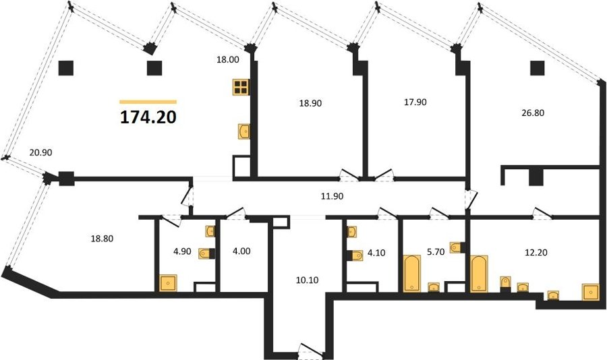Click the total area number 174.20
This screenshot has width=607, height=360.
coord(148,117)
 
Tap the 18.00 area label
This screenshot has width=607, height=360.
coord(228,59)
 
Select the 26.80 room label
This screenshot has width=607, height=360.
coord(533,113)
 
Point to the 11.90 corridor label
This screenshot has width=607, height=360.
coord(332,196)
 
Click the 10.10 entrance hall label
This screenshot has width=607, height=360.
coord(308,280)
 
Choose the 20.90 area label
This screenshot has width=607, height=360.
coord(40,152)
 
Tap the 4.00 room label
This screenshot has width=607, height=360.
coord(242,251)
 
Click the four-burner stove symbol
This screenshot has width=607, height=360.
coord(240,87)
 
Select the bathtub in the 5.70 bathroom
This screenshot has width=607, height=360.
coord(411,273)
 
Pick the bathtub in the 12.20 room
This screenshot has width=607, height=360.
coord(480,274)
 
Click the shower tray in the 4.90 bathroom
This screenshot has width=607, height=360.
coord(168,283)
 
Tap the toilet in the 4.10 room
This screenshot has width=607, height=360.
coord(355,256)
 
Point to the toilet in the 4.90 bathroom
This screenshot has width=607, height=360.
coord(207,253)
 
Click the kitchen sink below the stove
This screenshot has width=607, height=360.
coord(244,131)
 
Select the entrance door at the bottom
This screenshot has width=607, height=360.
coord(311,347)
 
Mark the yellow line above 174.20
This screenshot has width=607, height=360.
coord(148,102)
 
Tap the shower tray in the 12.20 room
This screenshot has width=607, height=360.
coord(591,291)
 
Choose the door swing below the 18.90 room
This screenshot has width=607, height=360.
coord(349,175)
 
